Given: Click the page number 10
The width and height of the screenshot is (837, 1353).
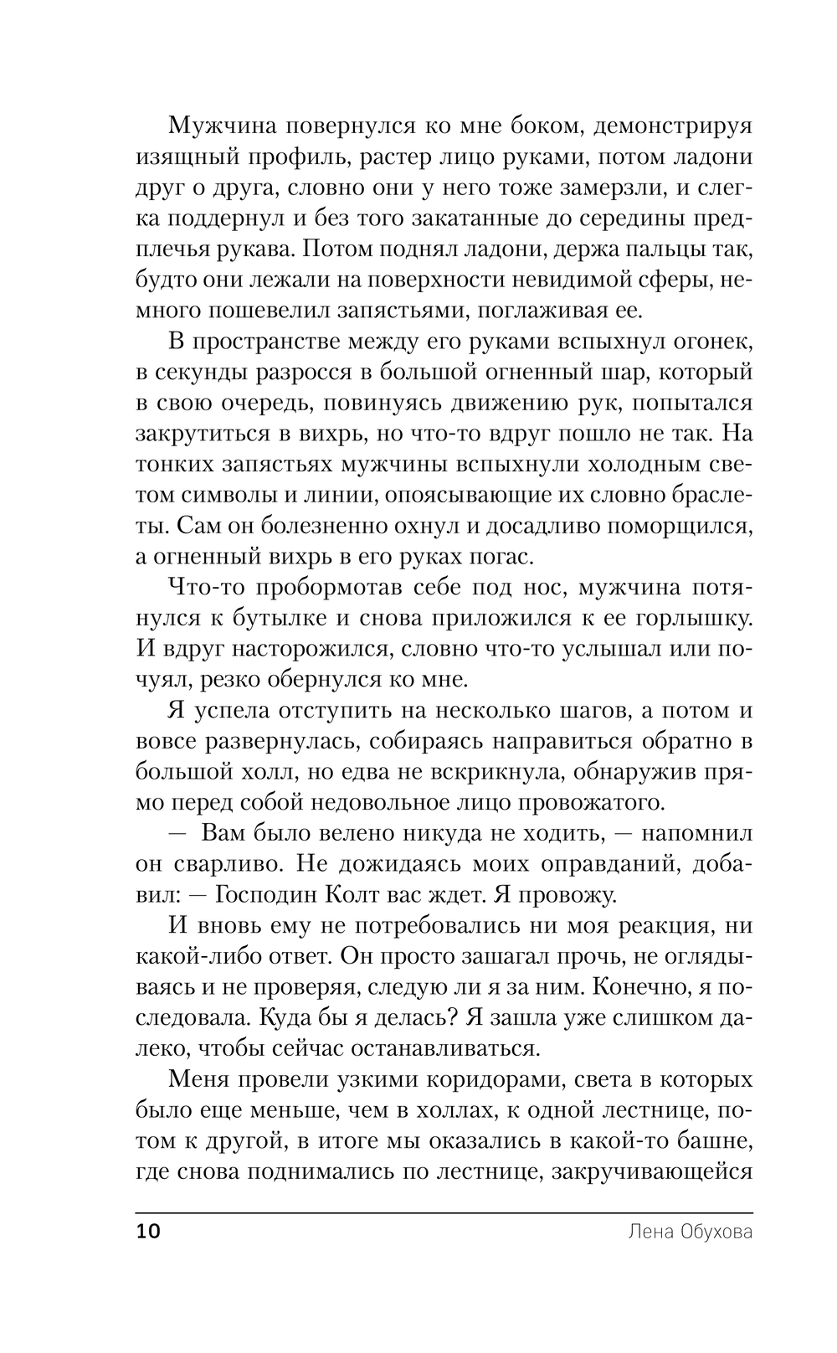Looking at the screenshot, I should click(146, 1232).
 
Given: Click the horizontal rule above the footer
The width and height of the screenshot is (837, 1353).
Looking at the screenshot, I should click(444, 1212).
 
